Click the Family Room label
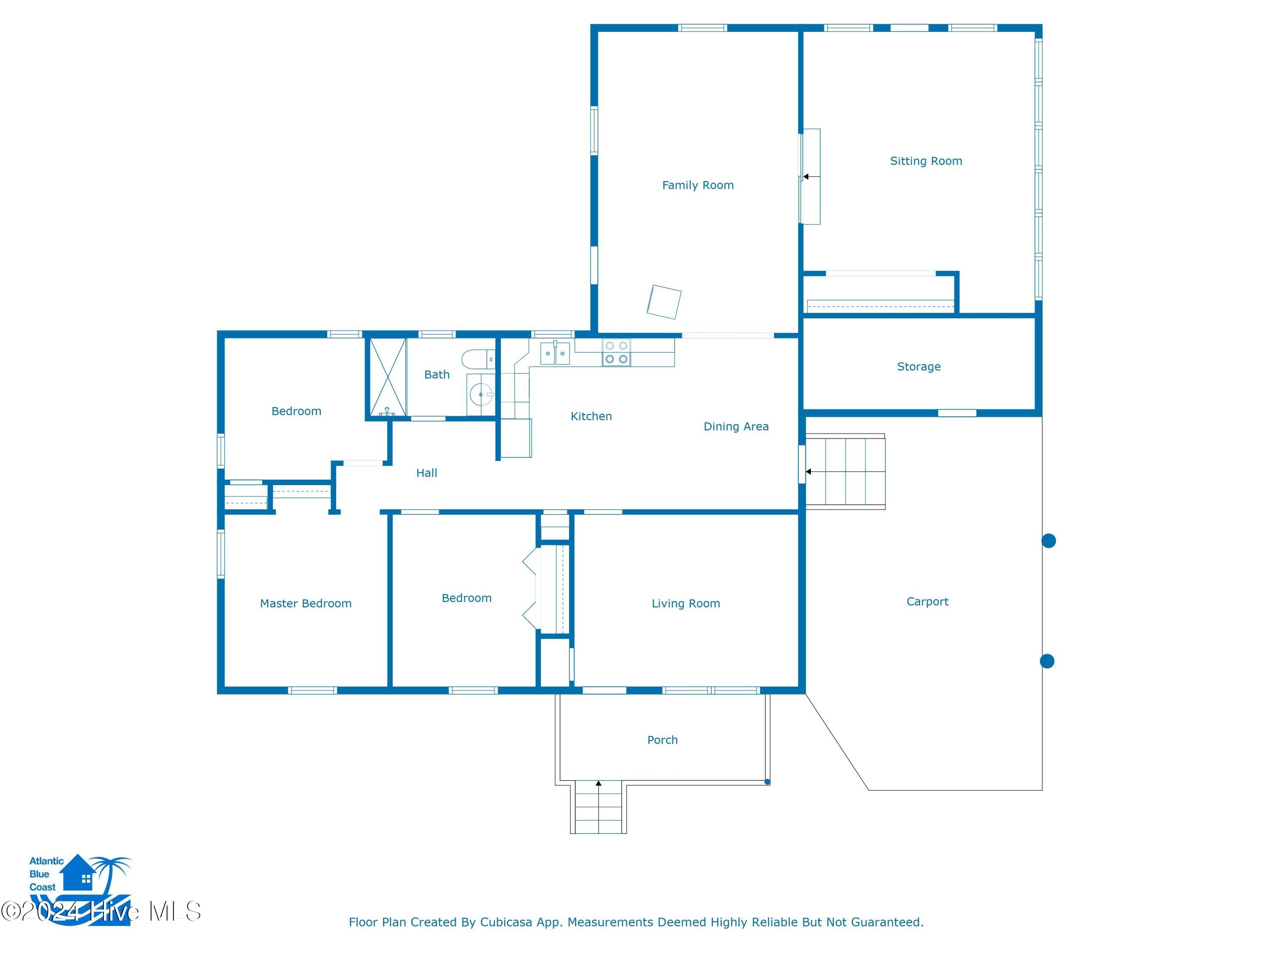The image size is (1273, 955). click(x=698, y=185)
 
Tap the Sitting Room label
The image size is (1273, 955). click(x=926, y=161)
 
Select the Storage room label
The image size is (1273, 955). click(x=919, y=367)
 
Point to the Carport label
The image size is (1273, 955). click(x=927, y=601)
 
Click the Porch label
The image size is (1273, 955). click(x=662, y=740)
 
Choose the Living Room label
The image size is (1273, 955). click(x=685, y=604)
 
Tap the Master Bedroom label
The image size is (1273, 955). click(x=306, y=604)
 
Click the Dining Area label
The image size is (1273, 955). click(x=736, y=427)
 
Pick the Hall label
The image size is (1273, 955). click(x=426, y=473)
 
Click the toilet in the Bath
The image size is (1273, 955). click(x=478, y=359)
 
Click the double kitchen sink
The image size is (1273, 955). click(x=555, y=353)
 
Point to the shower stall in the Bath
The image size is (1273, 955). click(x=388, y=377)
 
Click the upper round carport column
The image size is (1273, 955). click(x=1049, y=541)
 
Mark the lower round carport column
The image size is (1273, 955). click(x=1047, y=661)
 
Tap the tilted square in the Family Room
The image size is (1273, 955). click(x=664, y=302)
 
